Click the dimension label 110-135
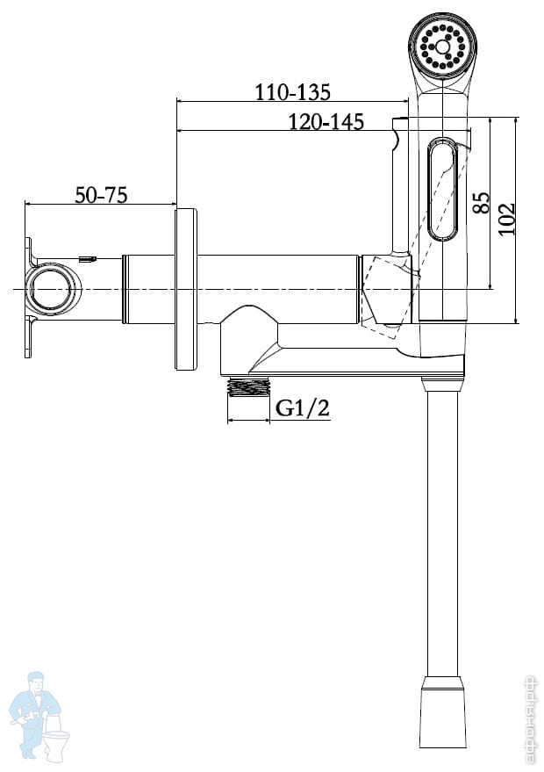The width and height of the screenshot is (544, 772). (292, 92)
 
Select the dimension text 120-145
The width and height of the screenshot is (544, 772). (326, 121)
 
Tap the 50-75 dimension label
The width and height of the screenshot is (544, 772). (101, 195)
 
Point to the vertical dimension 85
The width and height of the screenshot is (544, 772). (482, 202)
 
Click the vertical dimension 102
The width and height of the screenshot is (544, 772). (506, 219)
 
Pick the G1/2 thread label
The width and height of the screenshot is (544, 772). (303, 408)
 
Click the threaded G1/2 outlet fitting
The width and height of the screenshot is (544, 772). (249, 386)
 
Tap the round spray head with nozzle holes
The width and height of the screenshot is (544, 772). (442, 47)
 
